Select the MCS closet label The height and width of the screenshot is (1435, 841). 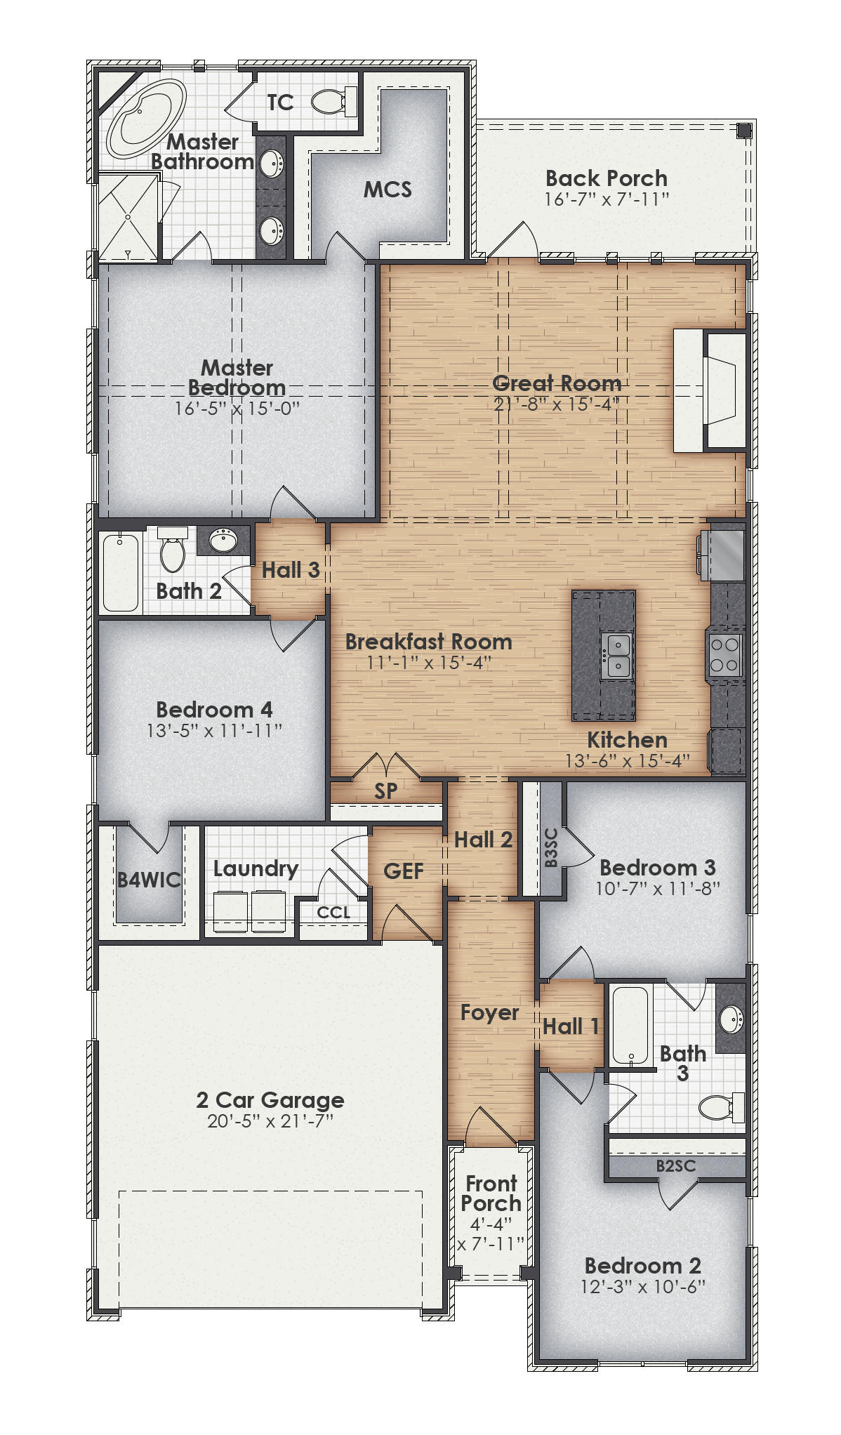(x=388, y=189)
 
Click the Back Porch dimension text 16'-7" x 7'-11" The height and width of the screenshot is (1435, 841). (x=607, y=199)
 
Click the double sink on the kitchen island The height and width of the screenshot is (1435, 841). (x=618, y=655)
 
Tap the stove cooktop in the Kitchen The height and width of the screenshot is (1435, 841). (x=725, y=654)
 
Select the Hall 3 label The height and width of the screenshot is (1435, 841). (x=291, y=570)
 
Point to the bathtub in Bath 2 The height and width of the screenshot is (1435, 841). (x=121, y=571)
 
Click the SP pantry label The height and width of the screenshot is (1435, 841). (x=386, y=791)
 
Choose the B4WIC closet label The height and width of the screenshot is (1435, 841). (x=149, y=880)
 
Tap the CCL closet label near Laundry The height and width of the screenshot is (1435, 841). (x=333, y=912)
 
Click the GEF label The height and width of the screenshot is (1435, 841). (x=404, y=871)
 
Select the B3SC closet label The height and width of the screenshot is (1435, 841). (x=551, y=847)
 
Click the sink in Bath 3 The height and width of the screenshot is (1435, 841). (x=731, y=1019)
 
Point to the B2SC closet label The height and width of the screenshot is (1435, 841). (x=676, y=1166)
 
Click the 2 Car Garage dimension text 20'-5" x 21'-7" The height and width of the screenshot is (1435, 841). (x=270, y=1121)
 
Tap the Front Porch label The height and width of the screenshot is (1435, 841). (x=491, y=1193)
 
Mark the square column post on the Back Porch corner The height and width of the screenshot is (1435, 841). (x=744, y=130)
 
